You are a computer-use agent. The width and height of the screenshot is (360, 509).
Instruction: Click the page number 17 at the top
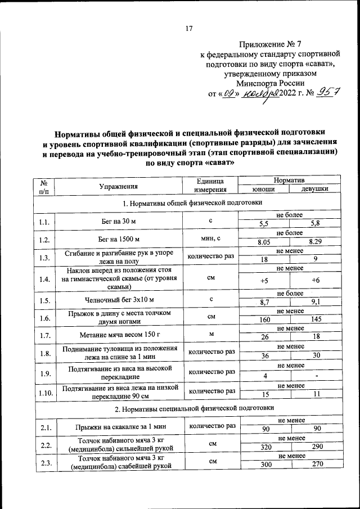(x=190, y=29)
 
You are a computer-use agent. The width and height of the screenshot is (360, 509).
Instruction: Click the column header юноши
(x=262, y=190)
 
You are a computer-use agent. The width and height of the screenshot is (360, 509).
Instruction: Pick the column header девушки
(x=314, y=190)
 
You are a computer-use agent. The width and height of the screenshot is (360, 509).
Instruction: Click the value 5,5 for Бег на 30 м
(x=263, y=223)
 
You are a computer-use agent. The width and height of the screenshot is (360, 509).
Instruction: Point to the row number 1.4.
(x=45, y=279)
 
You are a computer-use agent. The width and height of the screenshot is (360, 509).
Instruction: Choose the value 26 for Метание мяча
(x=263, y=337)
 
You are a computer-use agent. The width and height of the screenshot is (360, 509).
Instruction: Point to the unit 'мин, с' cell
(x=211, y=238)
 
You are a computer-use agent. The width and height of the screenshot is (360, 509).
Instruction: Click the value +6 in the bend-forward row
(x=315, y=280)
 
